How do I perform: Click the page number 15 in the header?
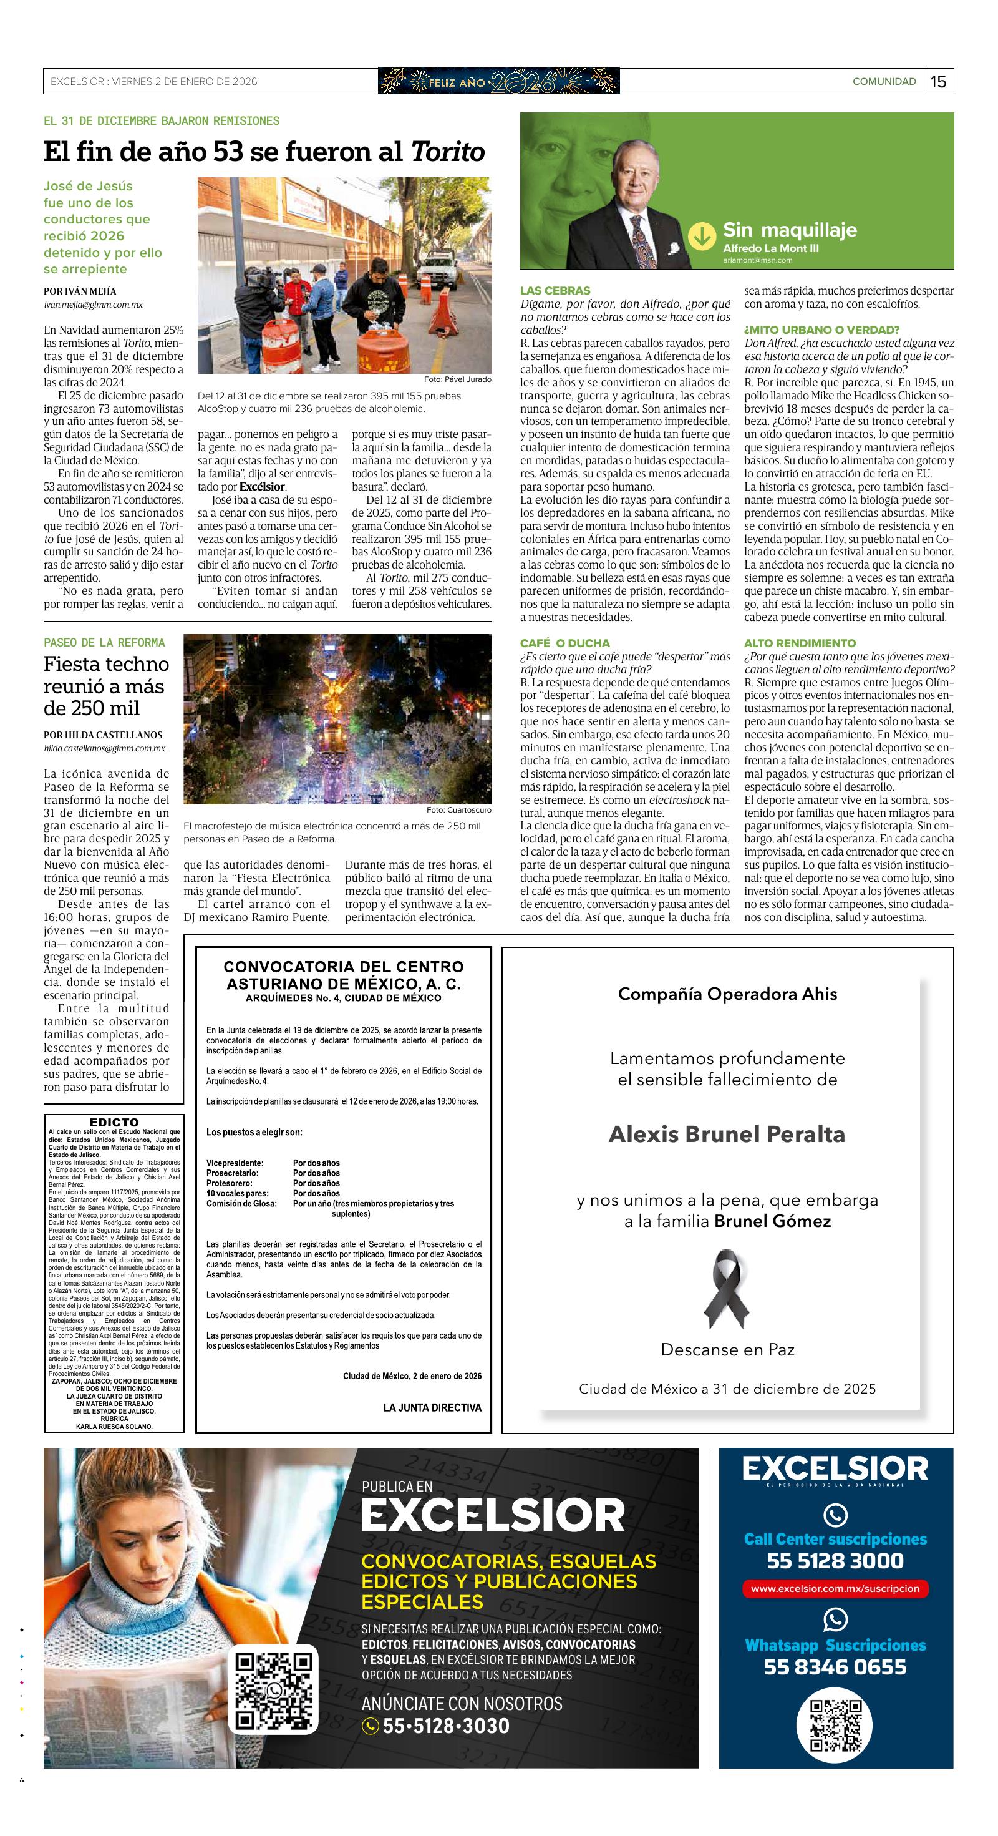coord(938,81)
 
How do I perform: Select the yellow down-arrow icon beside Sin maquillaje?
coord(702,236)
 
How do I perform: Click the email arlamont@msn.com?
coord(757,260)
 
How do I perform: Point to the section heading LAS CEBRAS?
coord(555,291)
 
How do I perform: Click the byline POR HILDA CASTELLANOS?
coord(102,735)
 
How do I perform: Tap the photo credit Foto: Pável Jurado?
coord(457,379)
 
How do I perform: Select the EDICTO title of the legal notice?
coord(114,1123)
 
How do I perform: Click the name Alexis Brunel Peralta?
coord(727,1134)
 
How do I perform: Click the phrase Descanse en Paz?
coord(727,1349)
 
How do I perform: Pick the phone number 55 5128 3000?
coord(835,1561)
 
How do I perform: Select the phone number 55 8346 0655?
coord(835,1667)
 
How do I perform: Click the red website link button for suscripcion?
coord(835,1589)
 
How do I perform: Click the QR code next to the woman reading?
coord(274,1691)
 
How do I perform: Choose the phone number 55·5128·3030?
coord(446,1726)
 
